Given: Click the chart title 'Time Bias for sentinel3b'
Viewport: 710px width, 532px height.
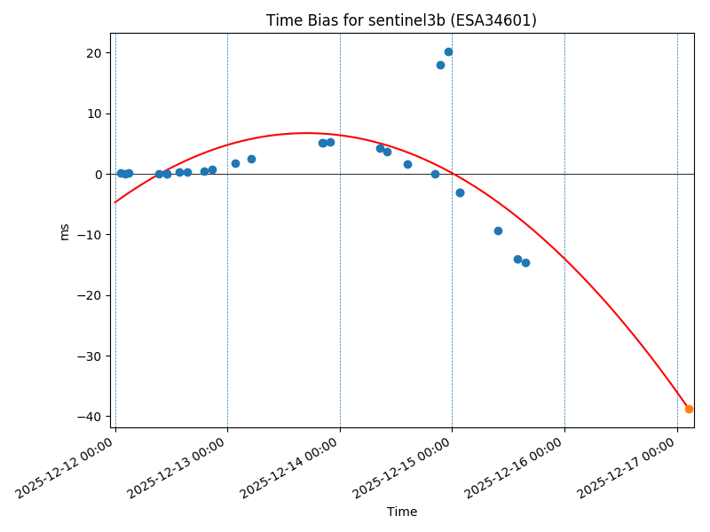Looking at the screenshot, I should tap(401, 20).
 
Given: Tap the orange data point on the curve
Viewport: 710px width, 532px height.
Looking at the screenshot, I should tap(689, 409).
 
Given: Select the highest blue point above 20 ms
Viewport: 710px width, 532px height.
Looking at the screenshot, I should tap(448, 51).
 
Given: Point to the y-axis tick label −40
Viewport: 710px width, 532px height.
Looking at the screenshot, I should tap(91, 417).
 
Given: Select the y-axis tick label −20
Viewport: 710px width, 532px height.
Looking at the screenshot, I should tap(91, 295).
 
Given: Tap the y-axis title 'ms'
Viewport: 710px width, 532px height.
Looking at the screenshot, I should tap(64, 231).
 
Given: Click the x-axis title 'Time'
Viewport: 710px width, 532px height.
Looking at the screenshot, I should tap(401, 512).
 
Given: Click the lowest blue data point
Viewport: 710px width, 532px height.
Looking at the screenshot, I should tap(525, 262).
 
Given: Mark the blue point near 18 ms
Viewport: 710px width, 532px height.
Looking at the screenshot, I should tap(440, 65).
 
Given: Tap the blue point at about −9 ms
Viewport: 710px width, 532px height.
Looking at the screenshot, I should tap(498, 231).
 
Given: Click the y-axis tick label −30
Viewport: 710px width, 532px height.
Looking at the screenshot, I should tap(91, 356).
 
